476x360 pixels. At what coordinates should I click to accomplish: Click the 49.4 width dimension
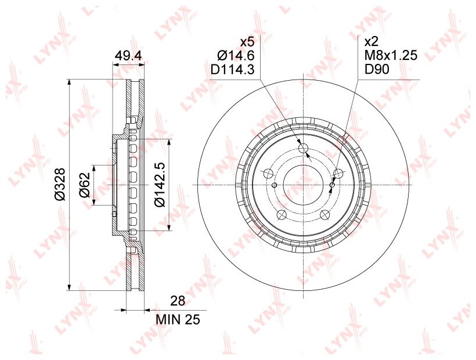(129, 56)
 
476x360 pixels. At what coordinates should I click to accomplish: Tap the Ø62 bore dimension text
(85, 185)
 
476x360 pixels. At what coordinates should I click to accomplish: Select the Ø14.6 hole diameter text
(236, 56)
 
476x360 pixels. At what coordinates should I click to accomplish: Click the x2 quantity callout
(371, 42)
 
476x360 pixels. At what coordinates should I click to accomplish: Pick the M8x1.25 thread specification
(390, 56)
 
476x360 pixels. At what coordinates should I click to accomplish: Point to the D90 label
(376, 70)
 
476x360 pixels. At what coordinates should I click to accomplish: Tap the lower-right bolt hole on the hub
(324, 214)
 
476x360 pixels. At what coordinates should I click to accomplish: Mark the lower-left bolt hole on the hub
(282, 215)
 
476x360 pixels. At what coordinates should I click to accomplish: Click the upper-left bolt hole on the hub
(268, 174)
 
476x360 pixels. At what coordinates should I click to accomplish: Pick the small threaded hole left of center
(274, 185)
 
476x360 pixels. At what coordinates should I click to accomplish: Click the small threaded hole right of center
(331, 185)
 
